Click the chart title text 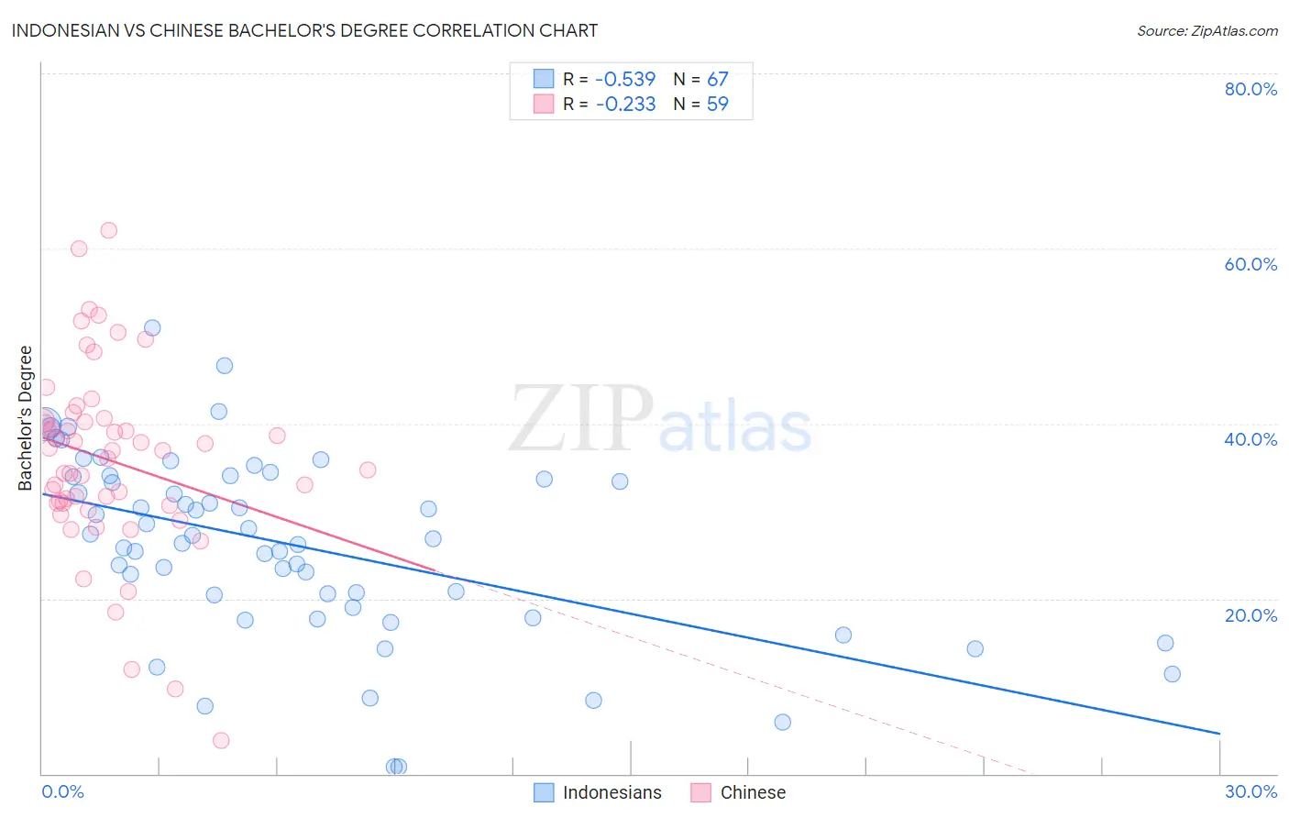pyautogui.click(x=304, y=30)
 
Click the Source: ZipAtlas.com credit pyautogui.click(x=1206, y=31)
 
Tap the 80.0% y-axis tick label pyautogui.click(x=1250, y=89)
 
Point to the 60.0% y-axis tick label pyautogui.click(x=1250, y=264)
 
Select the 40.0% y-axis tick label pyautogui.click(x=1250, y=439)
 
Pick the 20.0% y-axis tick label pyautogui.click(x=1250, y=615)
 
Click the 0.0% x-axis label pyautogui.click(x=62, y=791)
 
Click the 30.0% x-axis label pyautogui.click(x=1250, y=791)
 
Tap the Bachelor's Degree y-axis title pyautogui.click(x=26, y=418)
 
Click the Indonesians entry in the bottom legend pyautogui.click(x=611, y=792)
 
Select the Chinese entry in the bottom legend pyautogui.click(x=753, y=792)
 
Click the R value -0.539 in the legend pyautogui.click(x=625, y=79)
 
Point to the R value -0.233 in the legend pyautogui.click(x=625, y=104)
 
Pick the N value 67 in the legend pyautogui.click(x=717, y=79)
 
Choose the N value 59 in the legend pyautogui.click(x=717, y=104)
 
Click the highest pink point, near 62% pyautogui.click(x=108, y=230)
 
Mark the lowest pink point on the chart pyautogui.click(x=221, y=740)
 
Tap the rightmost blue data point pyautogui.click(x=1172, y=674)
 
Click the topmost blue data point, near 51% pyautogui.click(x=152, y=327)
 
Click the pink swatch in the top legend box pyautogui.click(x=544, y=104)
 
